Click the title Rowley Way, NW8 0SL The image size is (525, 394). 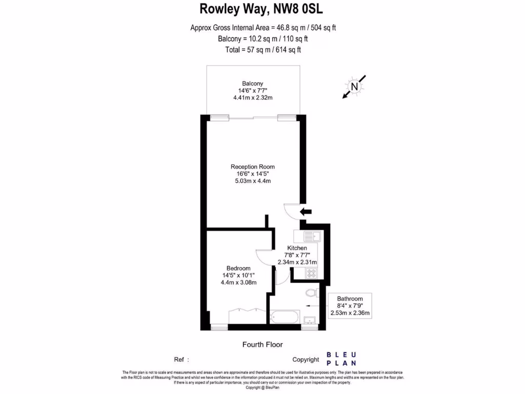tap(261, 9)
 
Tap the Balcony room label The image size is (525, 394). tap(252, 84)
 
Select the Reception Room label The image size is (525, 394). tap(252, 167)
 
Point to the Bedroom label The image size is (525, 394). tap(238, 268)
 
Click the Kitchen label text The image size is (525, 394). tap(297, 248)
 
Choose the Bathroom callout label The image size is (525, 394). tap(350, 299)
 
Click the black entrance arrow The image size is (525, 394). tap(306, 211)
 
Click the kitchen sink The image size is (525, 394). tap(307, 237)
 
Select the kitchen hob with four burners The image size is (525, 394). tap(311, 273)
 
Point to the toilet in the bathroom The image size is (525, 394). tap(311, 293)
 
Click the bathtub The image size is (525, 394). tap(284, 317)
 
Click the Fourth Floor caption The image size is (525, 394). tap(262, 345)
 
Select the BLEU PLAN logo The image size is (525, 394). tap(342, 359)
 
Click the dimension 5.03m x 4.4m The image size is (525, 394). tap(252, 181)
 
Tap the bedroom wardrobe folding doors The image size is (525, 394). tap(245, 309)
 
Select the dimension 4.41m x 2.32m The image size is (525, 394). tap(252, 98)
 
